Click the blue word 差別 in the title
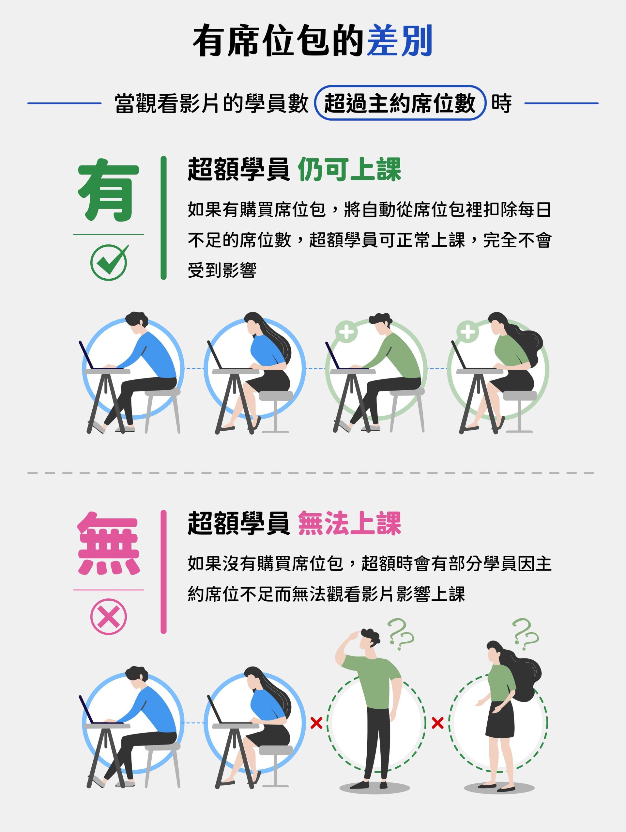[399, 41]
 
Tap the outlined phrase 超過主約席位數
[400, 103]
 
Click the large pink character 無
[109, 544]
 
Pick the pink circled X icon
[109, 617]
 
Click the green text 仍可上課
[349, 170]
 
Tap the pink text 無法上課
[349, 523]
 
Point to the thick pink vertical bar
[163, 572]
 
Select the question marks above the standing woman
[525, 634]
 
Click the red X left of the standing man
[316, 723]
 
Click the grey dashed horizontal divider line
[311, 473]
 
